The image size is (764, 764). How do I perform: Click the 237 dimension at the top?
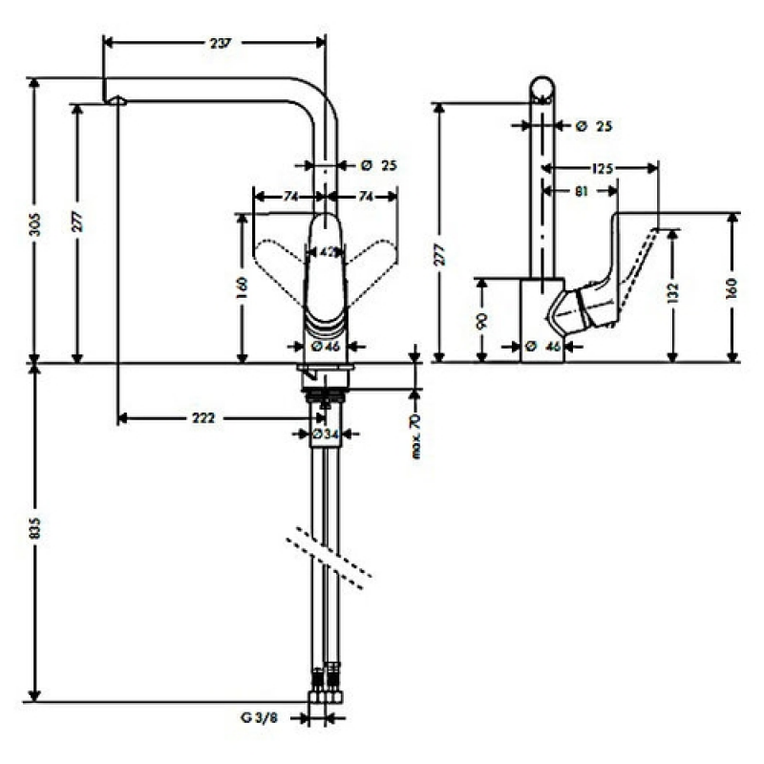(221, 43)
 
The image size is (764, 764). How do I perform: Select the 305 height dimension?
(34, 224)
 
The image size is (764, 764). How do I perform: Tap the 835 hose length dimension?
(34, 528)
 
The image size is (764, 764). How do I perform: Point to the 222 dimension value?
(202, 418)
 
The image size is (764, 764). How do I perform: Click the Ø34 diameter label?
(325, 434)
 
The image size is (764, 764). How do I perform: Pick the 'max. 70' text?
(415, 436)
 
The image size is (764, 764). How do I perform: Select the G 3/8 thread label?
(259, 717)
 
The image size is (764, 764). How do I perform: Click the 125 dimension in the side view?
(603, 169)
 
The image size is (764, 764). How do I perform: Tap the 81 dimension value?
(581, 192)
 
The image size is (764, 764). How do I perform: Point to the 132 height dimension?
(672, 294)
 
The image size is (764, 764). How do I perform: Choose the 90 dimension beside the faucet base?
(482, 321)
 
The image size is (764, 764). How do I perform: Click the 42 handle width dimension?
(326, 252)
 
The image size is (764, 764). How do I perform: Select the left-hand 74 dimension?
(290, 197)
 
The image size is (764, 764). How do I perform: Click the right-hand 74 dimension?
(366, 197)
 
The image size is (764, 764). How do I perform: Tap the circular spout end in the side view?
(541, 89)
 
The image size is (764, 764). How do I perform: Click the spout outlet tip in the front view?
(116, 100)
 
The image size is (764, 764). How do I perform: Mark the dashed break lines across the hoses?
(329, 558)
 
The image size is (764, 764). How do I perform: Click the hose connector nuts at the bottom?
(326, 697)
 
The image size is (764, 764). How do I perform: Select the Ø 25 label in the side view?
(594, 127)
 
